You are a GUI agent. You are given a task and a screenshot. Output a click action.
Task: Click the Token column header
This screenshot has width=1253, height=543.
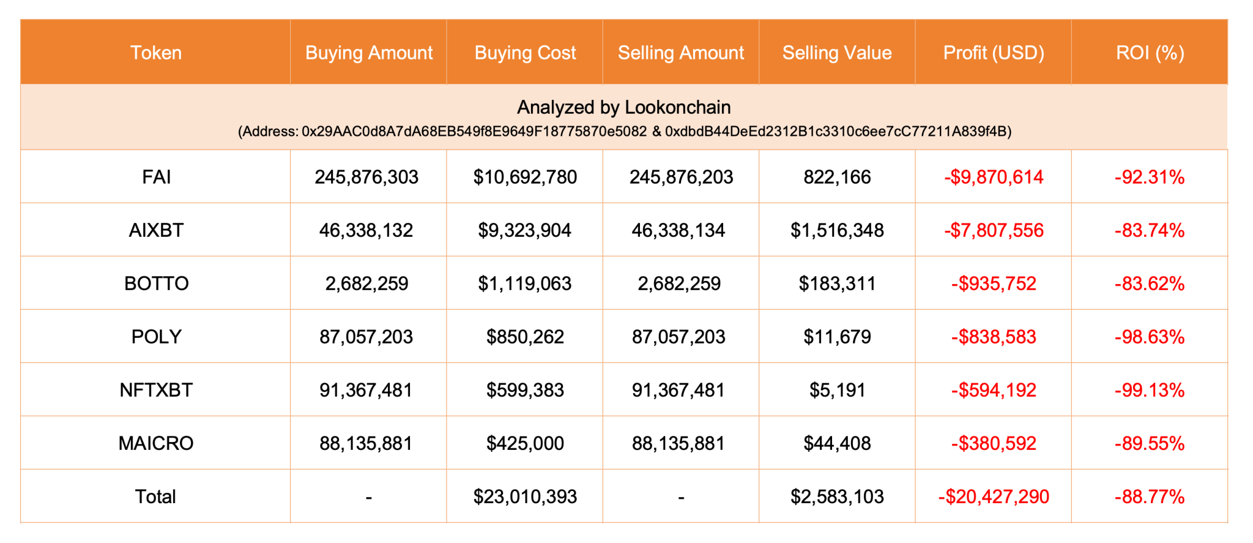click(x=156, y=53)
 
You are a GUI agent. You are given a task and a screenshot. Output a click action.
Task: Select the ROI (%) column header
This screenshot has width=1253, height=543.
click(x=1150, y=53)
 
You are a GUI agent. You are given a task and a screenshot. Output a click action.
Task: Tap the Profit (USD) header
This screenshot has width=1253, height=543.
click(x=993, y=53)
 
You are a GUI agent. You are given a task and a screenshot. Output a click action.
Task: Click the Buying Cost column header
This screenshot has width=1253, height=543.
click(x=525, y=53)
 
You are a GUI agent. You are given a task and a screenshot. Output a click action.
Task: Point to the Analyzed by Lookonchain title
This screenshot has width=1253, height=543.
click(x=623, y=107)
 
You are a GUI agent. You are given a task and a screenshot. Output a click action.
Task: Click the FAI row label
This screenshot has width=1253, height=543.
click(x=156, y=177)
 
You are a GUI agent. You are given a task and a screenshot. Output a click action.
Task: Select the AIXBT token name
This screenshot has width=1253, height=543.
click(x=156, y=230)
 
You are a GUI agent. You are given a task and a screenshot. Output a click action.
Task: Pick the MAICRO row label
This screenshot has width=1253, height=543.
click(x=156, y=443)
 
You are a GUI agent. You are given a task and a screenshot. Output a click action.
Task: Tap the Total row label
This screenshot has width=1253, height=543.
click(x=155, y=496)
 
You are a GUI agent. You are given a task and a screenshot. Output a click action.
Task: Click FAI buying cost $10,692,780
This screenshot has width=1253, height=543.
click(x=525, y=177)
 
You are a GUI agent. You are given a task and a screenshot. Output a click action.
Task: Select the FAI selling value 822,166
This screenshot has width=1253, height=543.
click(x=837, y=177)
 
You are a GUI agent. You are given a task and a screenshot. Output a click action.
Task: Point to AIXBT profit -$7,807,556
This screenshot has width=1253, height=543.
click(x=994, y=230)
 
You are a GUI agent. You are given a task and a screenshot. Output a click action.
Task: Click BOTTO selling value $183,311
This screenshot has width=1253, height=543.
click(x=837, y=283)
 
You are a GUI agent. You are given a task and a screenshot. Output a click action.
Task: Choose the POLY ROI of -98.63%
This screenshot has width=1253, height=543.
click(x=1150, y=337)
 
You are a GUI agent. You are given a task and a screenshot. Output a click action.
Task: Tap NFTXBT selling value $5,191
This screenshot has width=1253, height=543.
click(x=837, y=390)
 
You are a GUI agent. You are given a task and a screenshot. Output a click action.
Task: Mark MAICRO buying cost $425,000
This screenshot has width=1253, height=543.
click(x=525, y=443)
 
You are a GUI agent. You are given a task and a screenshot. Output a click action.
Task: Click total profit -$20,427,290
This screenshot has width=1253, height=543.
click(x=994, y=496)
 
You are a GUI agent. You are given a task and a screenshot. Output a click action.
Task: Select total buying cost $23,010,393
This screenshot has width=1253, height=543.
click(x=525, y=496)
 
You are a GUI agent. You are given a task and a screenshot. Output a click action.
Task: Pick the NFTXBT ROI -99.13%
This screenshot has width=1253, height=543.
click(x=1150, y=390)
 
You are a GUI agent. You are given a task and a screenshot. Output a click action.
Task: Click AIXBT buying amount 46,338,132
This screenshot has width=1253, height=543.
click(x=366, y=230)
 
